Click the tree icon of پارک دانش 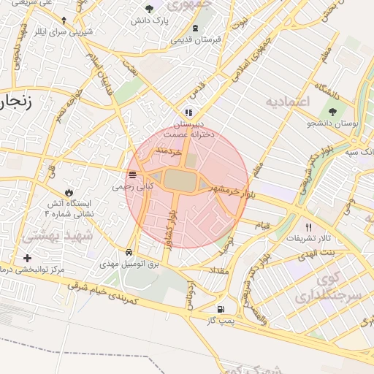tap(149, 9)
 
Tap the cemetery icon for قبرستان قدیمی tap(195, 28)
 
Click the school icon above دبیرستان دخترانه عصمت tap(188, 113)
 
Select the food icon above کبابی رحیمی tap(132, 175)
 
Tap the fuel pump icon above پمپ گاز tap(221, 309)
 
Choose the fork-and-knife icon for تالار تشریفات tap(308, 227)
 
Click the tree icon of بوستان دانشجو tap(333, 112)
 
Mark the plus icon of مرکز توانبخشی tap(28, 258)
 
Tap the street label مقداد tap(220, 270)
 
